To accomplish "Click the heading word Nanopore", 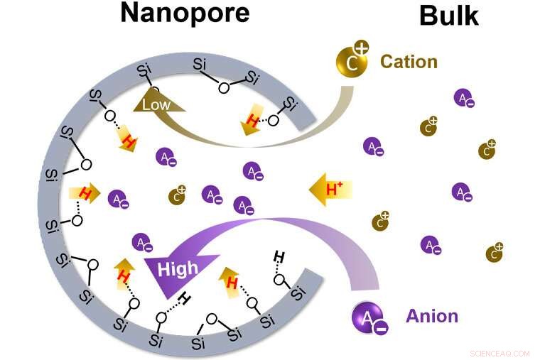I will coord(185,12).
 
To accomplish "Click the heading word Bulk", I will coord(448,16).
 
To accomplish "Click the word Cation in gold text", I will coord(409,61).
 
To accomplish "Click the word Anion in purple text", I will coord(431,315).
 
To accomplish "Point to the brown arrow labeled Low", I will coord(157,104).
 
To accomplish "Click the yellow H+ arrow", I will coord(330,189).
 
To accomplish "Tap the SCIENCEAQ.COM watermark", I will coord(500,353).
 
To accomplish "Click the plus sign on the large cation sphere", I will coord(361,49).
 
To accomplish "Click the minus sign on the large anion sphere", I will coord(380,328).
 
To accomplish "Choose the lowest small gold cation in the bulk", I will coord(495,253).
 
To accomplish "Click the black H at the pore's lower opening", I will coord(279,256).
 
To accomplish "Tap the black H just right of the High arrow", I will coord(184,298).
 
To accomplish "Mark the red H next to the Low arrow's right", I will coord(252,120).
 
